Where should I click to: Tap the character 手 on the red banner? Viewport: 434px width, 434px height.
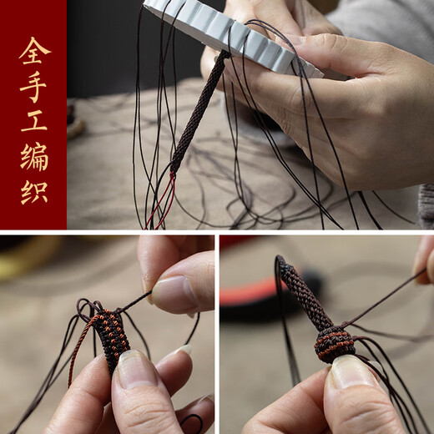pyautogui.click(x=33, y=86)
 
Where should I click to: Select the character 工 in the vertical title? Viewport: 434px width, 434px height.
pyautogui.click(x=33, y=121)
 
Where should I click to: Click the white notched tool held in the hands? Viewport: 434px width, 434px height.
pyautogui.click(x=225, y=33)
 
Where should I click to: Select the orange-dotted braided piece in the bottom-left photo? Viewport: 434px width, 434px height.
pyautogui.click(x=111, y=334)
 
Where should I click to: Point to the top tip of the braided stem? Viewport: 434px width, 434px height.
pyautogui.click(x=282, y=263)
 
